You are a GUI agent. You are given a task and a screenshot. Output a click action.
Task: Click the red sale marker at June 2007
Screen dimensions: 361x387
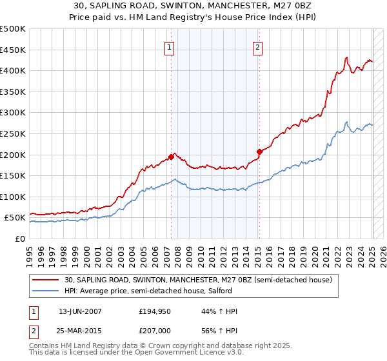pos(171,157)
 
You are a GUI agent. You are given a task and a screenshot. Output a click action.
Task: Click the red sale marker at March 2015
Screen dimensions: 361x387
pos(259,151)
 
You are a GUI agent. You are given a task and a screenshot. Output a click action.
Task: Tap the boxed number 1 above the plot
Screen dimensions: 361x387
pos(169,46)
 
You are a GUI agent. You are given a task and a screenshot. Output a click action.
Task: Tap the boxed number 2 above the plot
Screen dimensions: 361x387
pos(257,46)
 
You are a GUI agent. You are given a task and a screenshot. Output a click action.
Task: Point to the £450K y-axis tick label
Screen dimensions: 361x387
pos(13,50)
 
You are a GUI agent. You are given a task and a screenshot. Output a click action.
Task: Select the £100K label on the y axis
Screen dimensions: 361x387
pos(13,197)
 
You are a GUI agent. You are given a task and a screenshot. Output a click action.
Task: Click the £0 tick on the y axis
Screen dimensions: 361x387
pos(20,239)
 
